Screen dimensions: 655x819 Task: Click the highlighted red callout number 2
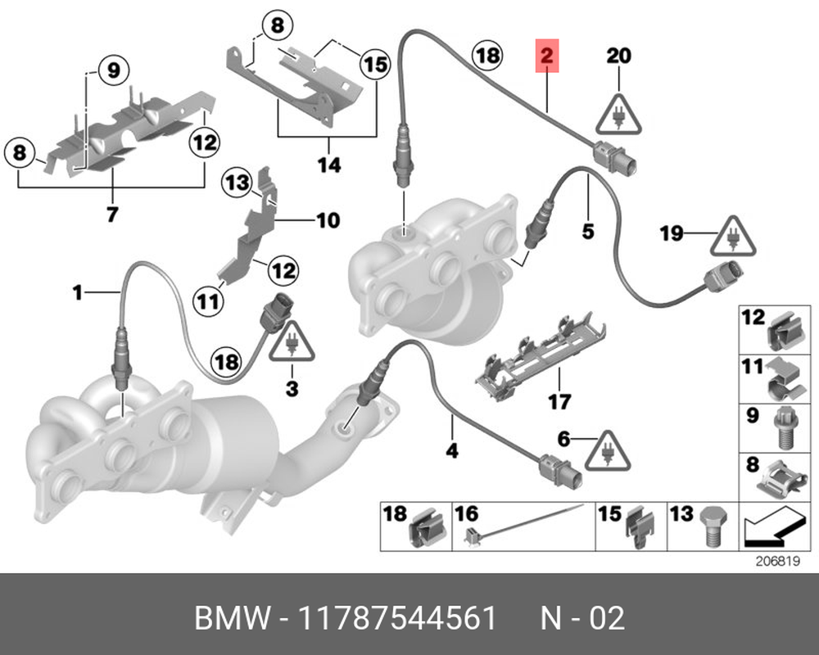click(x=546, y=56)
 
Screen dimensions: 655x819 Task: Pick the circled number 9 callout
click(x=113, y=69)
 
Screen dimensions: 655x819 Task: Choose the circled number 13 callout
click(x=238, y=183)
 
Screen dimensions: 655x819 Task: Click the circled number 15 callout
click(x=373, y=63)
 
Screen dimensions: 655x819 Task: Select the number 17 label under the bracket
click(x=559, y=402)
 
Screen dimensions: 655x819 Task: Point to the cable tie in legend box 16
click(x=524, y=525)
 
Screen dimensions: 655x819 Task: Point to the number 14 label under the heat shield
click(x=328, y=165)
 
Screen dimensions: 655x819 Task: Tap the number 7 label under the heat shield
click(x=111, y=215)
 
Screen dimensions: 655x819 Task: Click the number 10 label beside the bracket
click(x=327, y=220)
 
